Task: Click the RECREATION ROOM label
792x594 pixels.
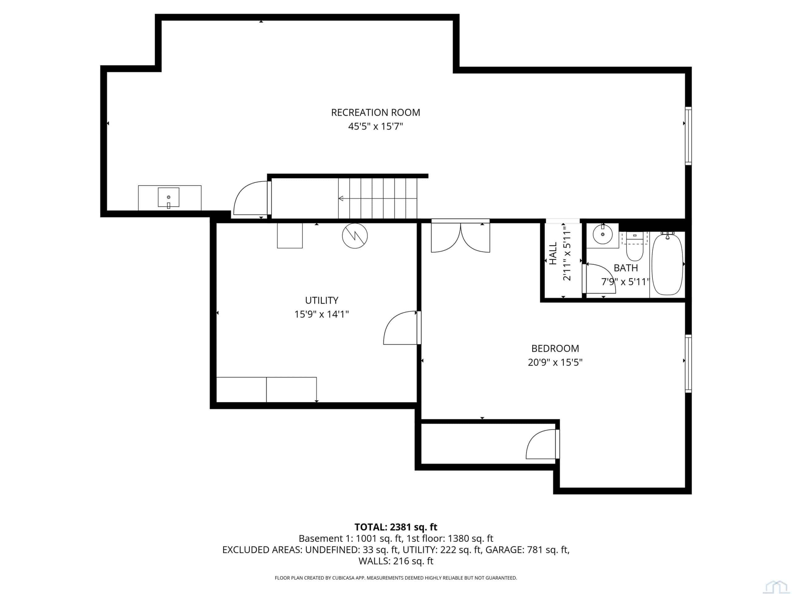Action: (x=376, y=112)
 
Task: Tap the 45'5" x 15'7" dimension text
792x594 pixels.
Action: (x=376, y=127)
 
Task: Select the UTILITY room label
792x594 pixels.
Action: (x=321, y=300)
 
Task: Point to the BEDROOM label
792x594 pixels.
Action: (x=555, y=348)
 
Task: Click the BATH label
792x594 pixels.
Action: (x=626, y=268)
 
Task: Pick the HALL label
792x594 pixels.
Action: (x=553, y=253)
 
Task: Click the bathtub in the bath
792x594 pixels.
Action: (x=667, y=264)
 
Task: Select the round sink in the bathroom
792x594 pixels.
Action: (x=603, y=235)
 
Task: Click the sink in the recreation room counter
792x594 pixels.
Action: (x=169, y=197)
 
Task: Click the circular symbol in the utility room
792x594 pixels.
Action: (x=355, y=236)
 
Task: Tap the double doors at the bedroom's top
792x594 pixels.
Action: (x=460, y=236)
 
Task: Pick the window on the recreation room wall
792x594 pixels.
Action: (x=688, y=136)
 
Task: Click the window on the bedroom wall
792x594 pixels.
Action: (x=688, y=364)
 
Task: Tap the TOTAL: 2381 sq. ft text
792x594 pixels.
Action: (x=396, y=527)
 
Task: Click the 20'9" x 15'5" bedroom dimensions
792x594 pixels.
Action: (x=555, y=362)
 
